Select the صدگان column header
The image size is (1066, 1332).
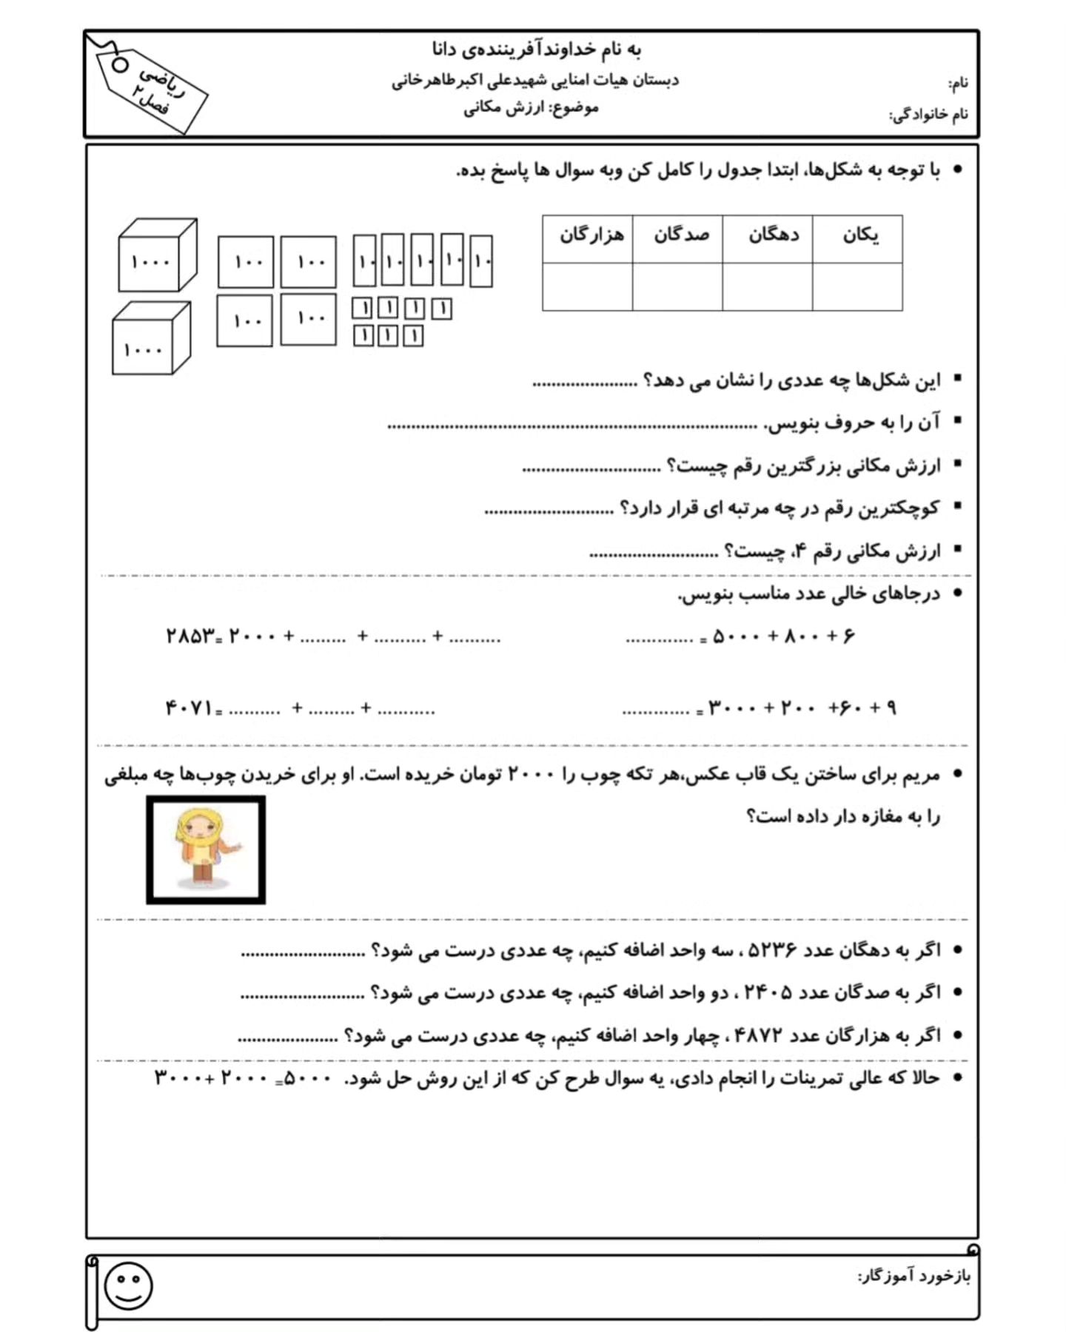pyautogui.click(x=680, y=236)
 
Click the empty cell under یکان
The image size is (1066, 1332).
pyautogui.click(x=857, y=287)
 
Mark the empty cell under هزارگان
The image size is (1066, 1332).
pyautogui.click(x=588, y=287)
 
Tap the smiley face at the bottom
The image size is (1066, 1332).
pyautogui.click(x=129, y=1285)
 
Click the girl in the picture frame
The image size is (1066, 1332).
pyautogui.click(x=205, y=847)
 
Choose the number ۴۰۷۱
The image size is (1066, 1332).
pyautogui.click(x=189, y=708)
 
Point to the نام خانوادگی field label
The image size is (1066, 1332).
pyautogui.click(x=929, y=115)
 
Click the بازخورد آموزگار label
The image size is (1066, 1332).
pyautogui.click(x=914, y=1276)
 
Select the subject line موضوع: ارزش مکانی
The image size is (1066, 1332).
pyautogui.click(x=531, y=108)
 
